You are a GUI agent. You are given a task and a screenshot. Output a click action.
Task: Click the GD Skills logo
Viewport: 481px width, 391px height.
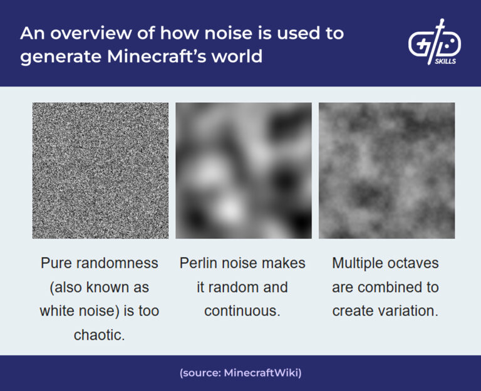tap(435, 43)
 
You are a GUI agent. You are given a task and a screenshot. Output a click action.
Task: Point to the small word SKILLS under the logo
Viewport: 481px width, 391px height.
tap(445, 62)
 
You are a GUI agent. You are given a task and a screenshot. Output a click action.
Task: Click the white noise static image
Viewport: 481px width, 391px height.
tap(100, 170)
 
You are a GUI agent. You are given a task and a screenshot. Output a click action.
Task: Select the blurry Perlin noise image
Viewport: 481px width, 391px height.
tap(244, 170)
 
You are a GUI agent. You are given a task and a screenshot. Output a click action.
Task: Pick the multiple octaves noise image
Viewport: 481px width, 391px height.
tap(386, 170)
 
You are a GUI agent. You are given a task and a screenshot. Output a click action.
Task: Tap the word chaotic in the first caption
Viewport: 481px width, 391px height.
tap(100, 335)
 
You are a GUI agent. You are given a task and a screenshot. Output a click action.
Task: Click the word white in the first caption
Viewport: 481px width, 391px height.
tap(59, 311)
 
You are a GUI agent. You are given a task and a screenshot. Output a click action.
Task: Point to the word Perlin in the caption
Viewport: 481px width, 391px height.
tap(200, 263)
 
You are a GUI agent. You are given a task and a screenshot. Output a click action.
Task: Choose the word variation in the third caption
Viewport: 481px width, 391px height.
tap(408, 311)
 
